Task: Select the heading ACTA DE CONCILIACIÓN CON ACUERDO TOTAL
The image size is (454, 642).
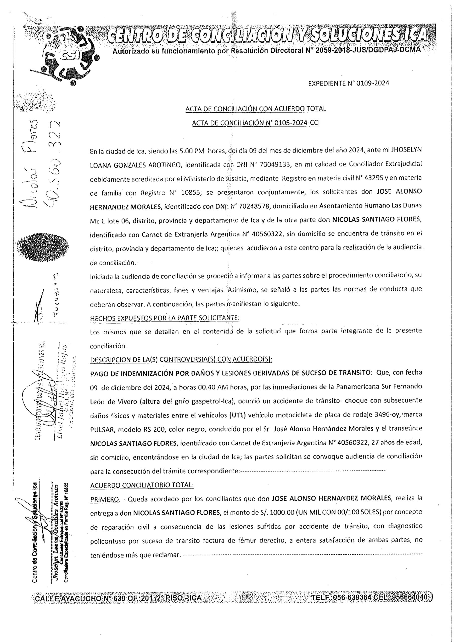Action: pos(256,109)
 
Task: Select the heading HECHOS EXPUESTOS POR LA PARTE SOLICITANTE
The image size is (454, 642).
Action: pos(165,318)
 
